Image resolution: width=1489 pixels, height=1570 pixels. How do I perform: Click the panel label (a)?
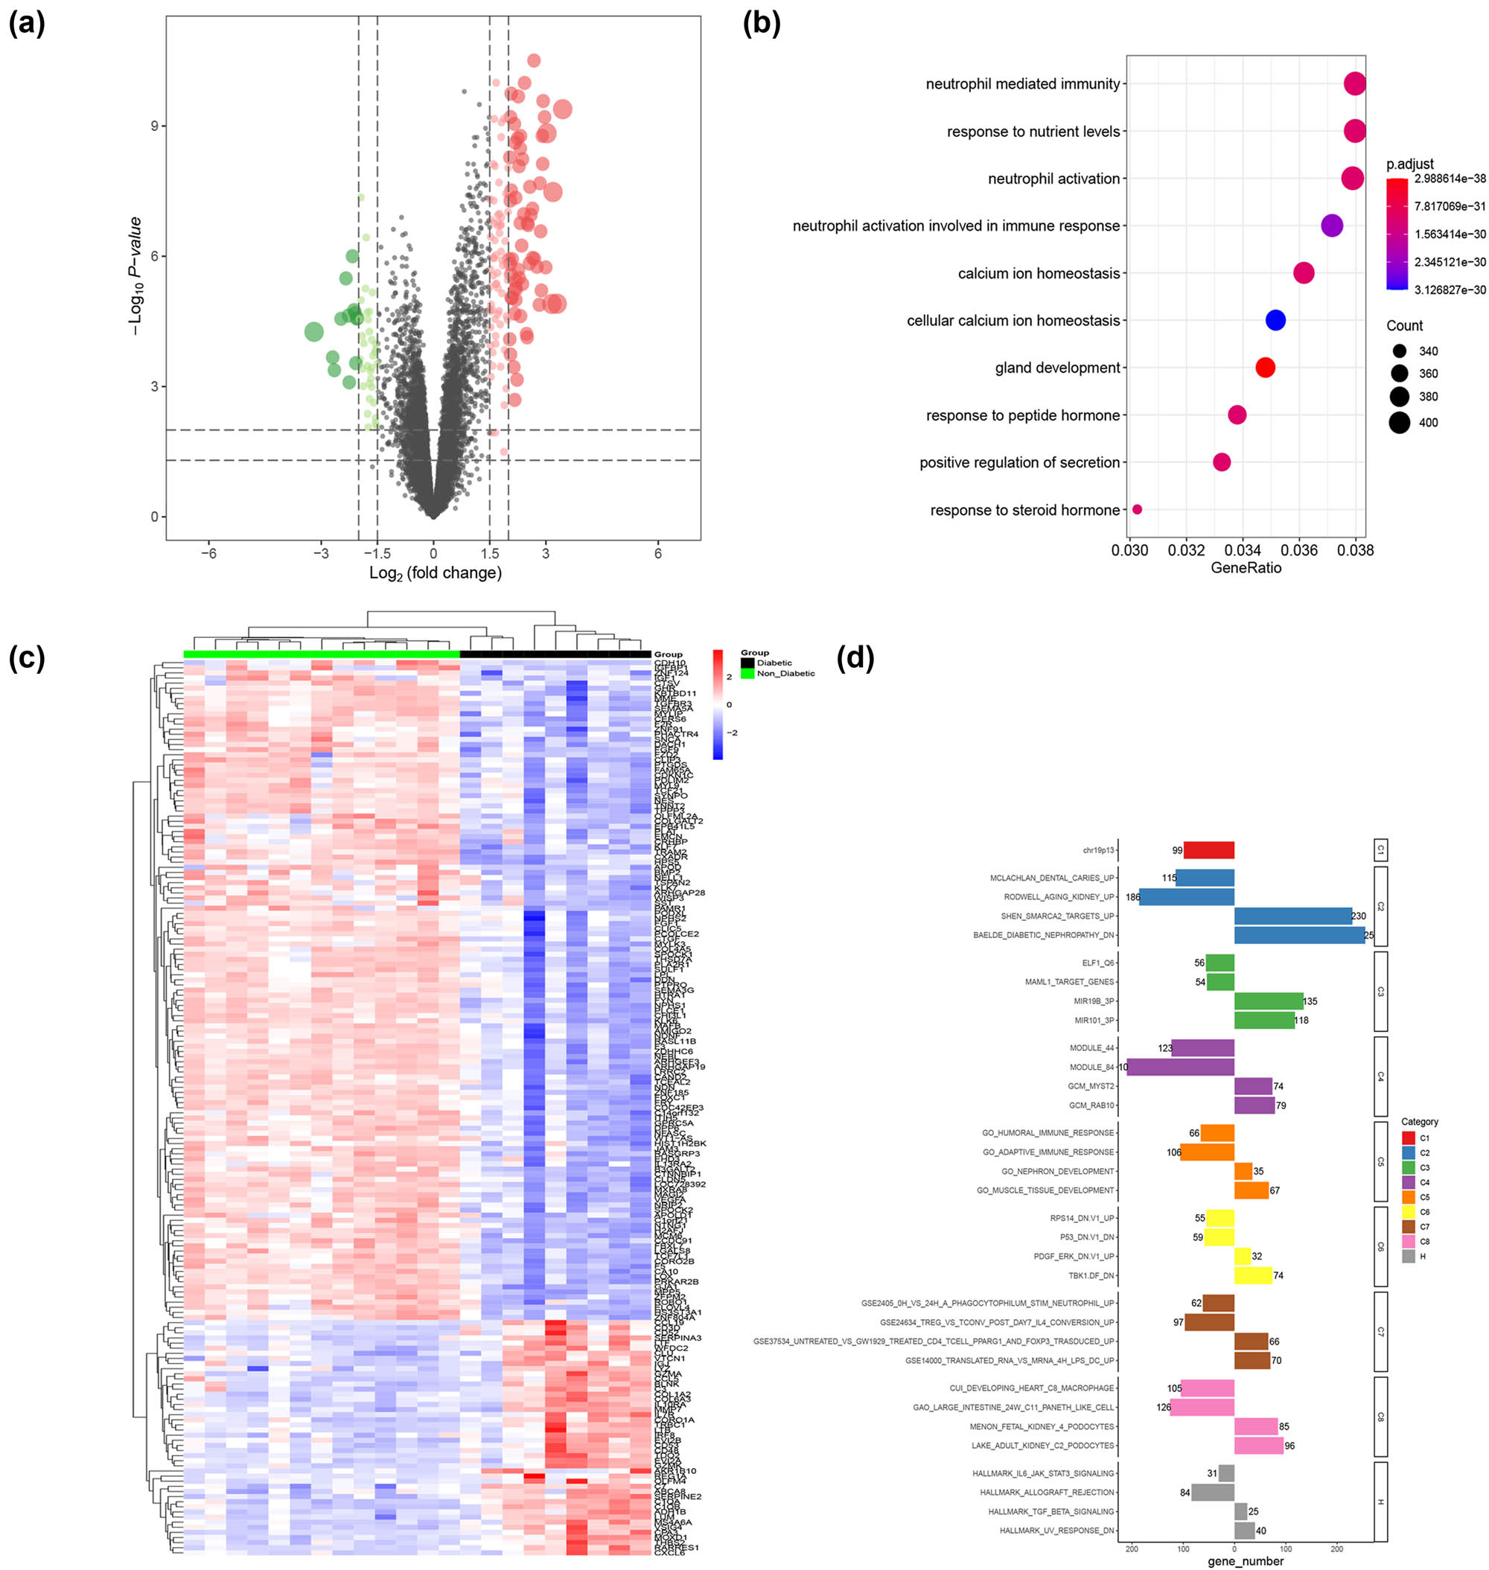point(26,25)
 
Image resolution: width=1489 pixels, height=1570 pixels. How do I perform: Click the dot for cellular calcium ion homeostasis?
point(1275,320)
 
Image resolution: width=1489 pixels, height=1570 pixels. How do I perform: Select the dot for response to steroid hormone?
point(1137,510)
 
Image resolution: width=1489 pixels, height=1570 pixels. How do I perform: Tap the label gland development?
point(1057,368)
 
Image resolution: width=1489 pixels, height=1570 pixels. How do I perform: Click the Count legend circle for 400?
point(1400,422)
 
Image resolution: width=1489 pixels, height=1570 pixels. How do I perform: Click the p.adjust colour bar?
point(1397,234)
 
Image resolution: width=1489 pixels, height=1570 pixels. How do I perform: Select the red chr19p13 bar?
point(1208,850)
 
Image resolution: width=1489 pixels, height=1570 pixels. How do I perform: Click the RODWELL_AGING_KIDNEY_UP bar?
point(1186,897)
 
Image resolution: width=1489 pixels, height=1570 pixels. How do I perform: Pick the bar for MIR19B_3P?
point(1269,1001)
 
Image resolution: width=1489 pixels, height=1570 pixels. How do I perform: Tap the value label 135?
point(1310,1002)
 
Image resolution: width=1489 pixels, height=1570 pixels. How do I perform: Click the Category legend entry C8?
point(1409,1242)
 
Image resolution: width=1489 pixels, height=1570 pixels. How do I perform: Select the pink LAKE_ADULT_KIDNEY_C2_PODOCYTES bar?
point(1258,1446)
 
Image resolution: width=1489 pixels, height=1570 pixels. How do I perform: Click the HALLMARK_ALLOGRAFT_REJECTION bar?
point(1212,1493)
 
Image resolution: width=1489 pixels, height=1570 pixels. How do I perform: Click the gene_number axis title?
point(1245,1561)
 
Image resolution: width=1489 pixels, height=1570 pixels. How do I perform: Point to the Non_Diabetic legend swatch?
point(747,673)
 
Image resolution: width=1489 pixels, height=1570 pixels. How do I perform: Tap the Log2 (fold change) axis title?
point(435,573)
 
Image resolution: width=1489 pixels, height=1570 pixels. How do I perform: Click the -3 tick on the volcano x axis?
point(321,553)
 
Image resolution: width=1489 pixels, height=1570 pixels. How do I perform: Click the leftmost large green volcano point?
point(313,332)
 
